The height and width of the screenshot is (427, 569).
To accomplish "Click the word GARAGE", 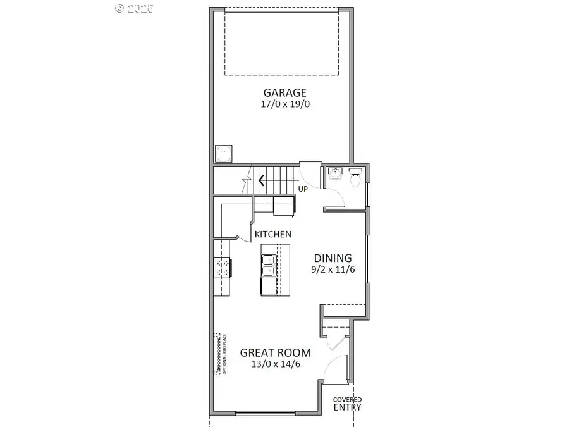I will coord(286,92).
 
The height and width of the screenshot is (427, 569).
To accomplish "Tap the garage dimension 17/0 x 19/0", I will coord(286,104).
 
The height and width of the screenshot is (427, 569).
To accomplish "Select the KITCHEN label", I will coord(273,234).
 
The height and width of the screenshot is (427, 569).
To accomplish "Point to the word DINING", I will coord(333,258).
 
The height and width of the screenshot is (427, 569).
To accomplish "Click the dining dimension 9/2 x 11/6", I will coord(333,270).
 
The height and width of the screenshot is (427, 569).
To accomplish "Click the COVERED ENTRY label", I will coord(348,404).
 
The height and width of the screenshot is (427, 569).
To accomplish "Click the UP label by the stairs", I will coord(303,189).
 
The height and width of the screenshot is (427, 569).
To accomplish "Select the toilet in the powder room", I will coord(355,179).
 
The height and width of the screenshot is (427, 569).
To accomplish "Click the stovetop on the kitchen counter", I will coord(223,268).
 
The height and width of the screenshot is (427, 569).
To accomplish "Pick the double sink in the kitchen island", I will coord(269,264).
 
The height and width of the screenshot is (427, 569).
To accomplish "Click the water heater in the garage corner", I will coord(223,154).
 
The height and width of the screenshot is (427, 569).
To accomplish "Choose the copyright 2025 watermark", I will coord(134,8).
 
